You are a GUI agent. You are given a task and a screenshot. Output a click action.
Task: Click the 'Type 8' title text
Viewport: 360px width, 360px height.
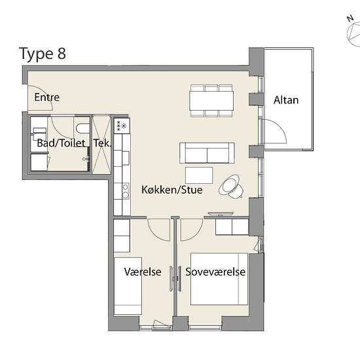(x=43, y=54)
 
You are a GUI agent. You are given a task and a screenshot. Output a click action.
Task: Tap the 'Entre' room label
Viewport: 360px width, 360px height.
(x=47, y=98)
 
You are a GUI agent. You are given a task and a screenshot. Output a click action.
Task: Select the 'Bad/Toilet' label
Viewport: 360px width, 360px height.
(x=61, y=143)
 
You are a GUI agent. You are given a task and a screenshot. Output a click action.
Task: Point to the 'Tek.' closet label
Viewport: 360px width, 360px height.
(x=102, y=143)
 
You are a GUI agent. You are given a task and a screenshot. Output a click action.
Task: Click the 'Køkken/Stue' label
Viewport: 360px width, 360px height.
(x=172, y=190)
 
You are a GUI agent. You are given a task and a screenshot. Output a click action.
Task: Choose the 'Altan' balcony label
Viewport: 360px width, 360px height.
(x=286, y=100)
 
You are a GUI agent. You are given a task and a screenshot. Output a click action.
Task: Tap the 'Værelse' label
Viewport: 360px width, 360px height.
(x=143, y=272)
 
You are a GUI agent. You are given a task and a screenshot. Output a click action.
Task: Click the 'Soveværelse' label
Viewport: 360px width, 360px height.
(x=215, y=272)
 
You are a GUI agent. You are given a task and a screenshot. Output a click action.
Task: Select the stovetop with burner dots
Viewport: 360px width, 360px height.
(x=122, y=126)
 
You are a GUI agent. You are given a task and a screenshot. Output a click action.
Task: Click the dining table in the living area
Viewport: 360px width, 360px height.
(x=211, y=101)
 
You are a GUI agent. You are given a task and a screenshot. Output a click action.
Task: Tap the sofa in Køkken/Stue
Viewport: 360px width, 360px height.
(x=207, y=153)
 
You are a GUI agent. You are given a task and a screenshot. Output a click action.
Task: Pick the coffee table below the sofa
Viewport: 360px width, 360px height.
(x=199, y=175)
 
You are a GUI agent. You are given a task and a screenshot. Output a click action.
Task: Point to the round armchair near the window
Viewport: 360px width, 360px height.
(x=231, y=187)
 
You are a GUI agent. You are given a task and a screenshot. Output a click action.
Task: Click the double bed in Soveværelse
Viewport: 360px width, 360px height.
(x=219, y=279)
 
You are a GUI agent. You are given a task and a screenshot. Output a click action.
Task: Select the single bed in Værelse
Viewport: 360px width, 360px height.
(x=128, y=286)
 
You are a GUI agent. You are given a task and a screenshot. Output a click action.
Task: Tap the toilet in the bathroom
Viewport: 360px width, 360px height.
(x=82, y=128)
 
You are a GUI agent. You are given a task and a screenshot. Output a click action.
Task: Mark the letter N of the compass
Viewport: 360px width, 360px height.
(x=350, y=18)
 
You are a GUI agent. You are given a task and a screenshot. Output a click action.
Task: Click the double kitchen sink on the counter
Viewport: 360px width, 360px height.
(x=126, y=191)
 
